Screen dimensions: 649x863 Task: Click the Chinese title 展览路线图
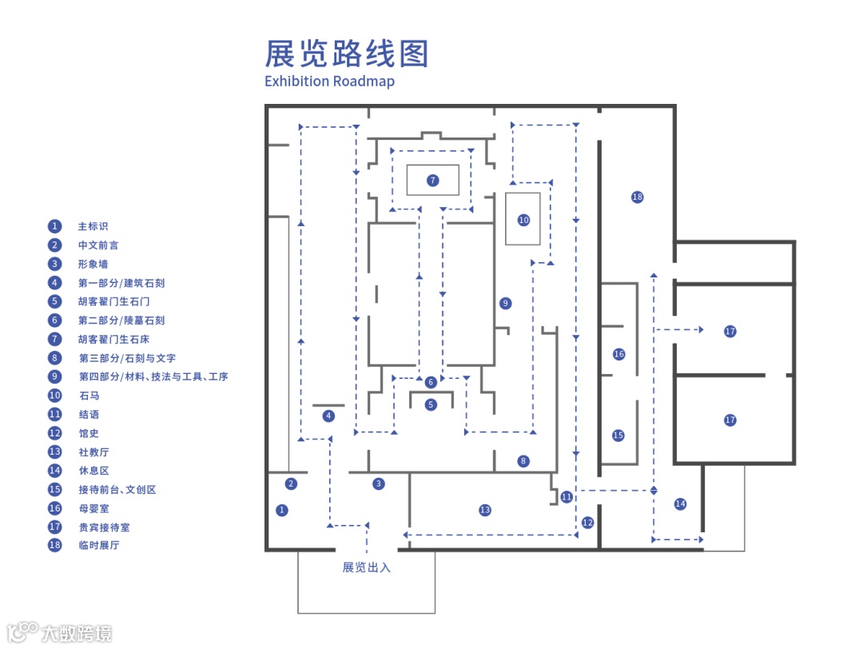click(x=347, y=54)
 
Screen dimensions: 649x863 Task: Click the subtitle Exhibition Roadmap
click(x=329, y=81)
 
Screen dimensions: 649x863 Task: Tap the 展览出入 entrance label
click(x=367, y=567)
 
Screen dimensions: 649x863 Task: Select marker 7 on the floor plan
click(x=432, y=180)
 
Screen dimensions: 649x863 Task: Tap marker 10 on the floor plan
click(x=523, y=219)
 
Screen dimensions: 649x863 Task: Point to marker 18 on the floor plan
click(x=637, y=197)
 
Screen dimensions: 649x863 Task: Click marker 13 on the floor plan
click(x=484, y=510)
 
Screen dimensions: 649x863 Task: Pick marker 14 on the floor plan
click(x=680, y=504)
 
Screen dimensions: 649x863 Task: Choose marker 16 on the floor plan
click(x=618, y=353)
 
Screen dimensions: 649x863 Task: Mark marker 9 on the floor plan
click(x=504, y=303)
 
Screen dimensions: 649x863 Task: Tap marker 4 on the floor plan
click(x=328, y=416)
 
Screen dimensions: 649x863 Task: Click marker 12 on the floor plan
click(x=588, y=523)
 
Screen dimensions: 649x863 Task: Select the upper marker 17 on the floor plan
click(x=730, y=331)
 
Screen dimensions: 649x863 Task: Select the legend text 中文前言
click(x=98, y=245)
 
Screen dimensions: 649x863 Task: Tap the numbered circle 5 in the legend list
click(x=54, y=301)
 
